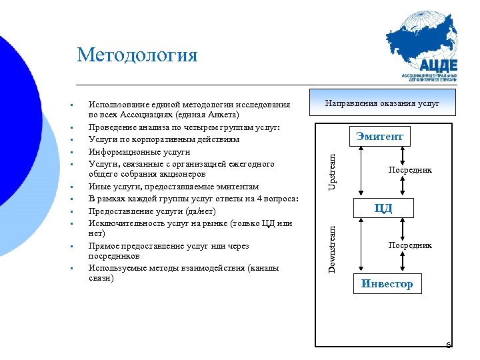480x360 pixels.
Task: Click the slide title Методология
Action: click(137, 55)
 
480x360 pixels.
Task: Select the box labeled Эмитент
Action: click(379, 137)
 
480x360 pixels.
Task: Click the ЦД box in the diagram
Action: click(383, 208)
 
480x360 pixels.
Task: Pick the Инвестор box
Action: click(387, 284)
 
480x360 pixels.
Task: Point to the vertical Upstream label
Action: click(332, 170)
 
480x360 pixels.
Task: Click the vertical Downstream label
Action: click(332, 246)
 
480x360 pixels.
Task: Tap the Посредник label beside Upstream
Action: click(410, 170)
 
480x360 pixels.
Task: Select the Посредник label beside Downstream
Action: click(410, 245)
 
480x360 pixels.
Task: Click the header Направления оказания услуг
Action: click(382, 104)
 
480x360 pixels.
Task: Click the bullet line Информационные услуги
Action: click(130, 151)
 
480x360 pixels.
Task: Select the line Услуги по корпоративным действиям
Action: click(163, 139)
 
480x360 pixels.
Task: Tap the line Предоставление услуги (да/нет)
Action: click(152, 211)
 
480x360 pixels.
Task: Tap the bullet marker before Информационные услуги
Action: click(70, 152)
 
